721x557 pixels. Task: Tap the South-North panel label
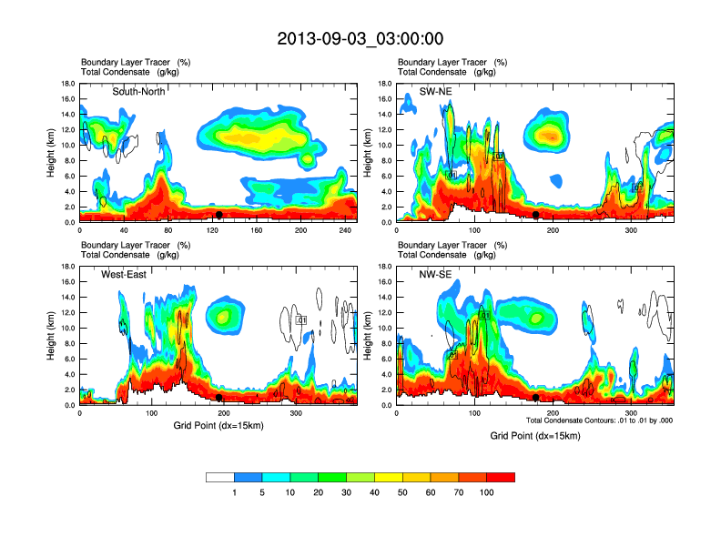coord(144,92)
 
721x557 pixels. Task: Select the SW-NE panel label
coord(435,92)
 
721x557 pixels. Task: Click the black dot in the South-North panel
coord(218,215)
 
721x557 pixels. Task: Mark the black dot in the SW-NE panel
coord(536,215)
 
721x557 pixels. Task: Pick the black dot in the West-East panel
coord(219,398)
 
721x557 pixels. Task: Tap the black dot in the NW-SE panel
coord(536,398)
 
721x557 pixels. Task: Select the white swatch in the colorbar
coord(220,477)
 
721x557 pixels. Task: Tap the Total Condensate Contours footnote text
coord(599,420)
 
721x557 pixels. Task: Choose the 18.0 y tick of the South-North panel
coord(67,84)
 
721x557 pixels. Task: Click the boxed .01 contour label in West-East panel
coord(301,320)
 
